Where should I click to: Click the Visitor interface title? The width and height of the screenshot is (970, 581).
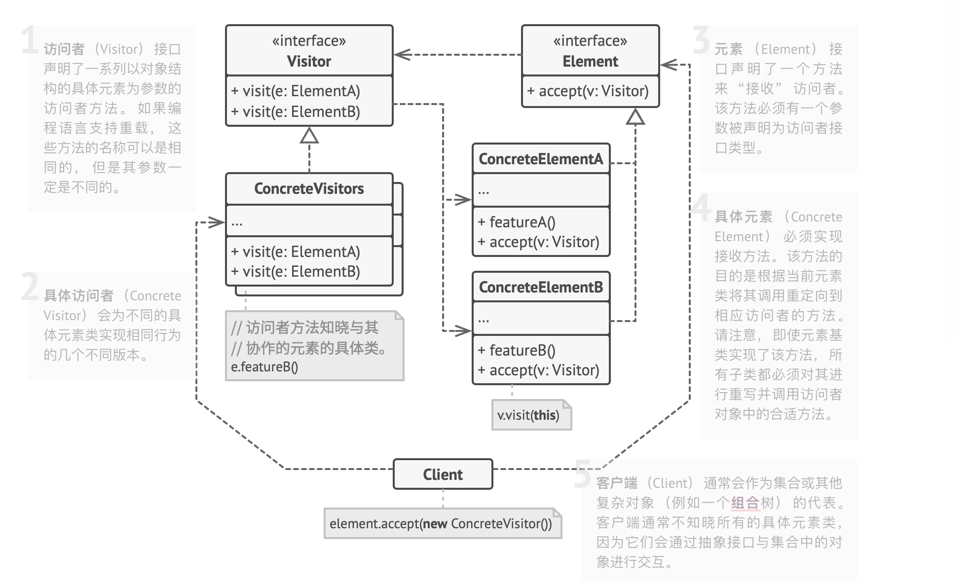coord(309,61)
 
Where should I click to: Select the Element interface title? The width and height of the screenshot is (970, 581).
coord(590,61)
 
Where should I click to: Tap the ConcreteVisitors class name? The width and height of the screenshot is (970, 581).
coord(309,188)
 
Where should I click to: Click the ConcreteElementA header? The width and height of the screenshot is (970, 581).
coord(541,159)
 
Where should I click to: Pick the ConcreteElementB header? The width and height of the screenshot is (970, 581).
coord(541,287)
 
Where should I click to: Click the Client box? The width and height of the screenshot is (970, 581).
coord(443,474)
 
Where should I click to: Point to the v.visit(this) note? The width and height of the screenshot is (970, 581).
coord(528,415)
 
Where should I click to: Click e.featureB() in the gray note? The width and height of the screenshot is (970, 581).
coord(264,367)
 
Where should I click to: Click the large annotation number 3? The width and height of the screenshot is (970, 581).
coord(701,40)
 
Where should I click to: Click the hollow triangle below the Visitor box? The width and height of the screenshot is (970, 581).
coord(309,136)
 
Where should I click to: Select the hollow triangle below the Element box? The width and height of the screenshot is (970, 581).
coord(635,117)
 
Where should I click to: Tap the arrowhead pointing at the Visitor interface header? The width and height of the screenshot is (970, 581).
coord(402,54)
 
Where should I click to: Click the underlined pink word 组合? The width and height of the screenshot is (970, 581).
coord(745,503)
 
